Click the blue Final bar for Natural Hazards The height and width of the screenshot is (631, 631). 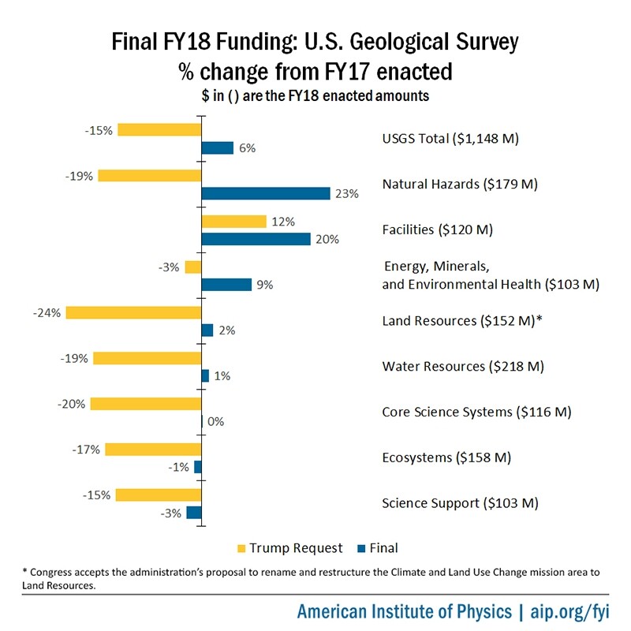pos(266,193)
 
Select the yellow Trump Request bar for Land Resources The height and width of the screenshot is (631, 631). pos(133,312)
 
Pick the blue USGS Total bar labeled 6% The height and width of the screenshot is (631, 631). pos(218,147)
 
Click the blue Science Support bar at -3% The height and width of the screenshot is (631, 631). pos(194,513)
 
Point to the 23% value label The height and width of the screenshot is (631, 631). pos(347,193)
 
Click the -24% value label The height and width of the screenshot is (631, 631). pos(47,312)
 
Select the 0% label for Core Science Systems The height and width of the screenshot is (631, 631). pos(216,421)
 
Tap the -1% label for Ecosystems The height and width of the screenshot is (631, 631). pos(177,467)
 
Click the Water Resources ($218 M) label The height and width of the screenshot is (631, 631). pos(463,367)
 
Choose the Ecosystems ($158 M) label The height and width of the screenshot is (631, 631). pos(446,457)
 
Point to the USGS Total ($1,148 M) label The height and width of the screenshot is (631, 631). pos(450,139)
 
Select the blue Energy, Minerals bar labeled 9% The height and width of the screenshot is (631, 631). pos(226,285)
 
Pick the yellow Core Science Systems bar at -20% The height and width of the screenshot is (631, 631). pos(146,404)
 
